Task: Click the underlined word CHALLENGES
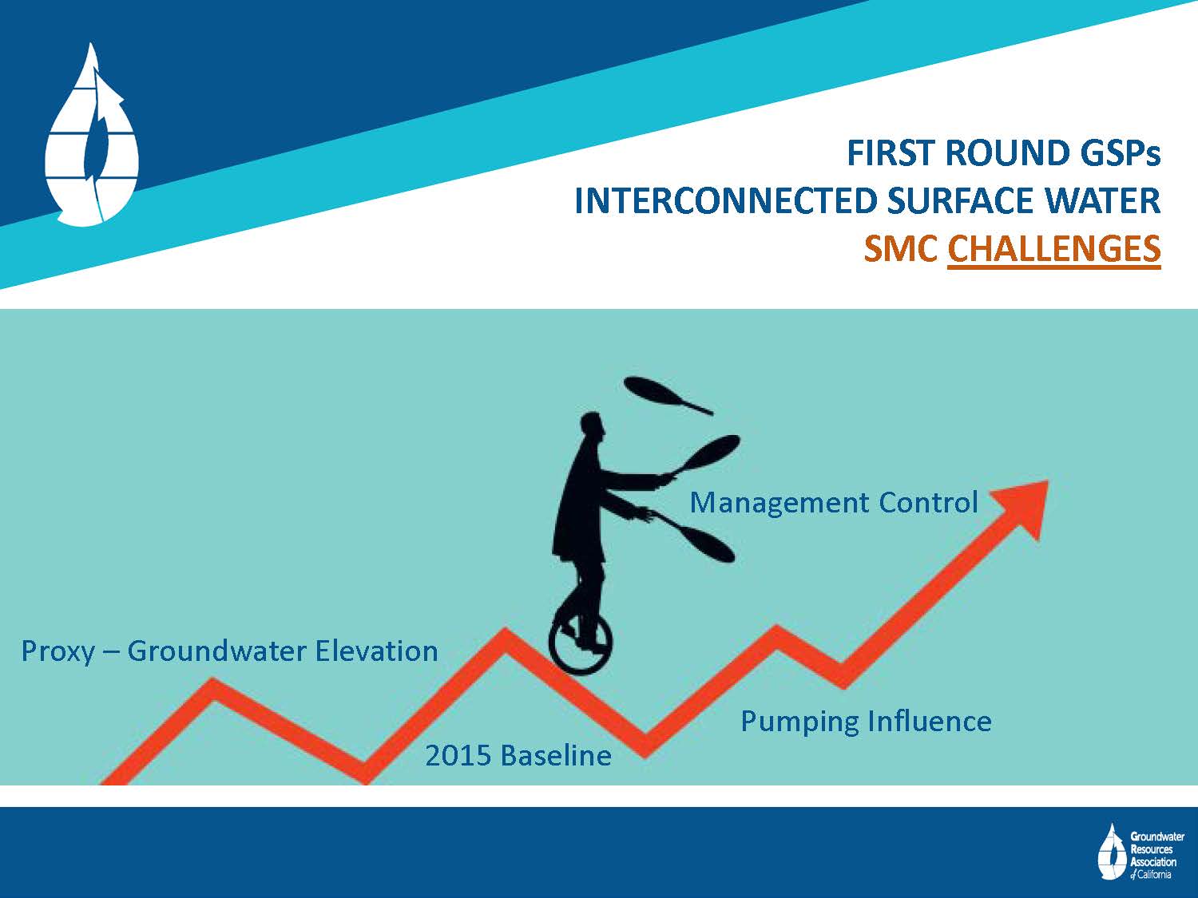1054,249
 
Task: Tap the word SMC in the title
901,249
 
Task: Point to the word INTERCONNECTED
725,200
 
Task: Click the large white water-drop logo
92,136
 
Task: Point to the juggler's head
592,425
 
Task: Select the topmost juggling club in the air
668,395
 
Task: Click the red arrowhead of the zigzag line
1025,506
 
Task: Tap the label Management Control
834,503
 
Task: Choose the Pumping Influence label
866,722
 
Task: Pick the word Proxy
58,651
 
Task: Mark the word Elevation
377,651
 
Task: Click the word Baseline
556,756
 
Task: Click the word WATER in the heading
1102,200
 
